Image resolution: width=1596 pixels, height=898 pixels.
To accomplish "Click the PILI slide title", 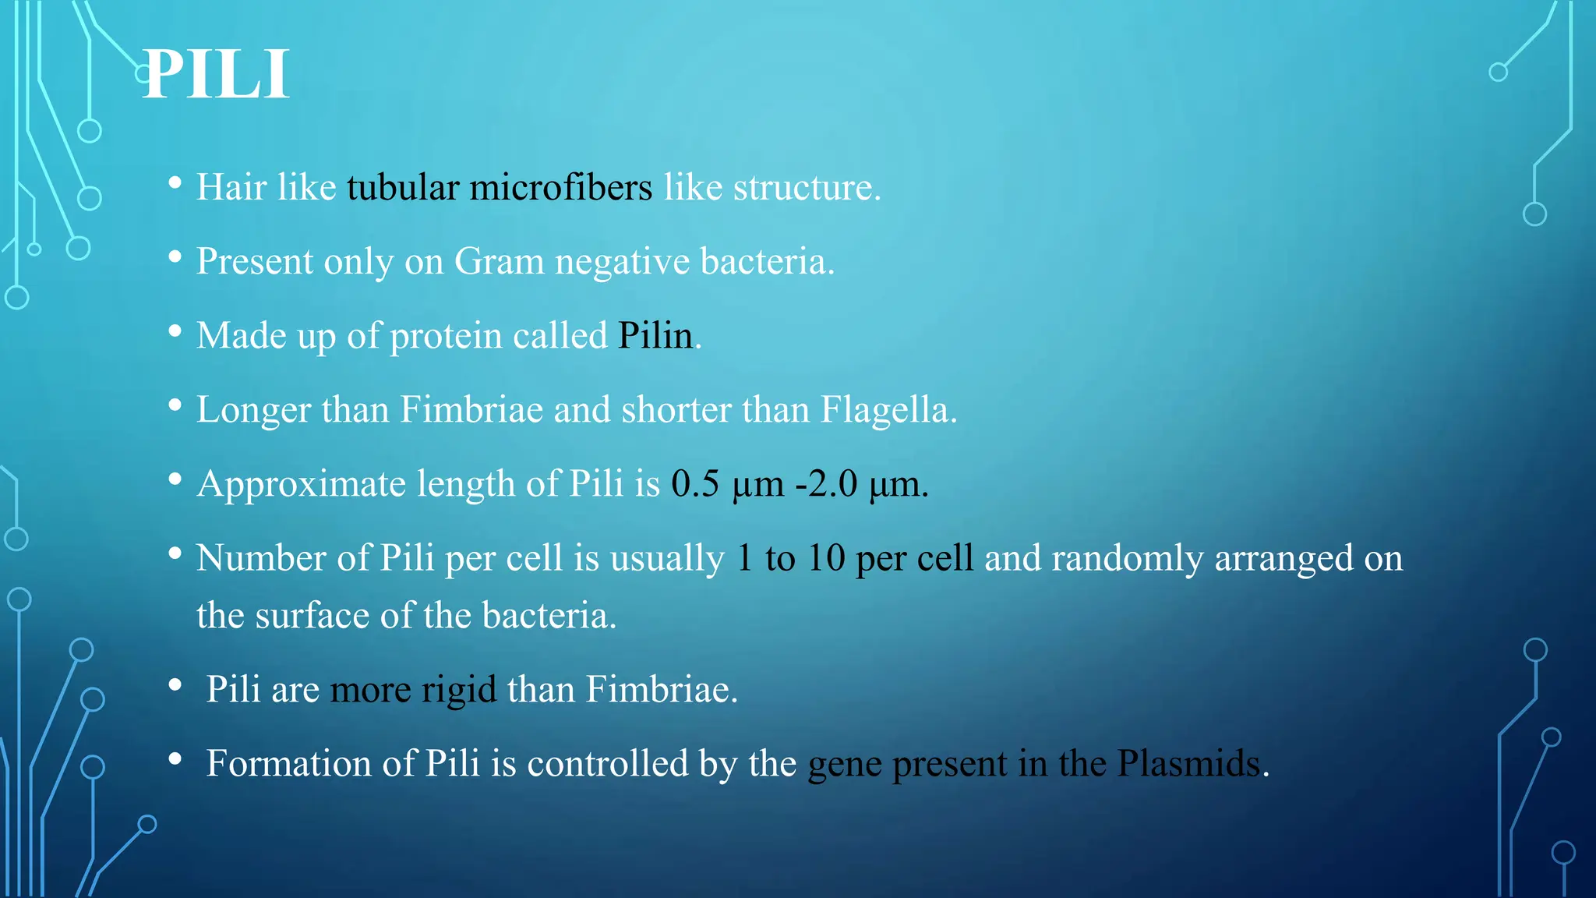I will pyautogui.click(x=216, y=75).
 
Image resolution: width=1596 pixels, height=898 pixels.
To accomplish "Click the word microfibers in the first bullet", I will pyautogui.click(x=560, y=188).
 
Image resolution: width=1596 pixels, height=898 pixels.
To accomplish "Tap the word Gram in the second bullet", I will pyautogui.click(x=499, y=262).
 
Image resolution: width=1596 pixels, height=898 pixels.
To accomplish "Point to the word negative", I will pyautogui.click(x=622, y=262).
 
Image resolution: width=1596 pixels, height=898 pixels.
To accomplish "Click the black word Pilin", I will pyautogui.click(x=655, y=336).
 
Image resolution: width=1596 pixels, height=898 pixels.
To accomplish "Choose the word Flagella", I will pyautogui.click(x=888, y=410).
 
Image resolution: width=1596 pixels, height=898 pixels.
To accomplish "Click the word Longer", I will pyautogui.click(x=253, y=410).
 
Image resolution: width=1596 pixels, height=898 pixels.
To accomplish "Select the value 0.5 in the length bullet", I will pyautogui.click(x=694, y=484).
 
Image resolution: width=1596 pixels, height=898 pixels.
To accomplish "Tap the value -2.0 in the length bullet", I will pyautogui.click(x=826, y=484).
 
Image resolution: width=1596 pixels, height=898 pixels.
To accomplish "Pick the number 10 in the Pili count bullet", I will pyautogui.click(x=826, y=558).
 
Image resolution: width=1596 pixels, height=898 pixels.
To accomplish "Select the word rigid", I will pyautogui.click(x=458, y=690).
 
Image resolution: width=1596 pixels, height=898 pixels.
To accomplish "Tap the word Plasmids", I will pyautogui.click(x=1188, y=764).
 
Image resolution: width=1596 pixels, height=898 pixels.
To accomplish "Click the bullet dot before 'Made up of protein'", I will pyautogui.click(x=175, y=332).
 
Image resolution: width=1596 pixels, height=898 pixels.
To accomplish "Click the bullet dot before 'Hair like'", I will pyautogui.click(x=175, y=184).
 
